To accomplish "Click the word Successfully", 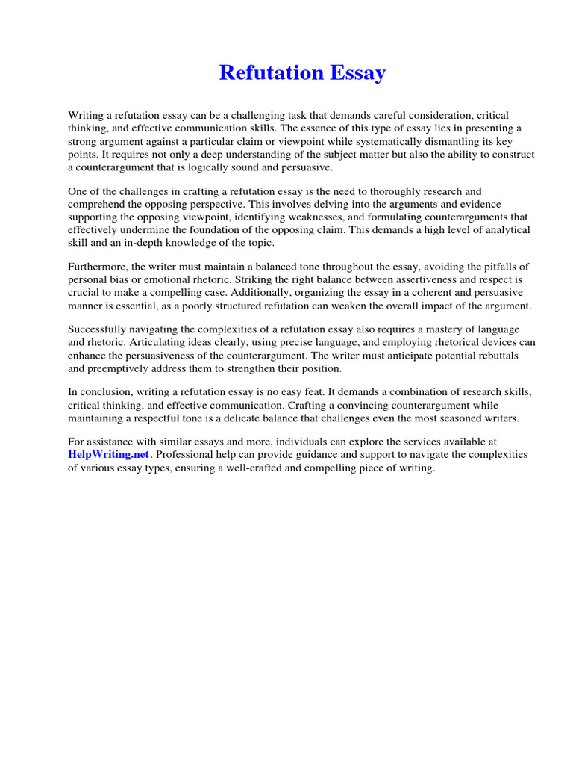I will pos(96,329).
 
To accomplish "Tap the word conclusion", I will pos(104,392).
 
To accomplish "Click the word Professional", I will pos(187,454).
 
